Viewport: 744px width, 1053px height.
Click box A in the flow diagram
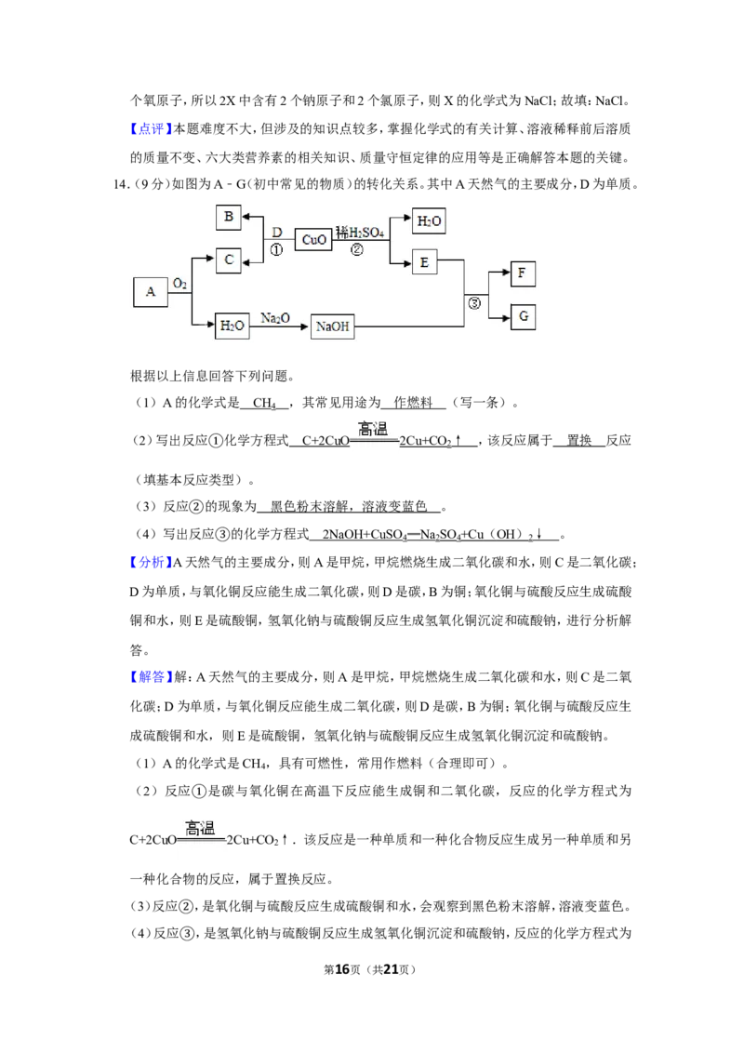pos(150,292)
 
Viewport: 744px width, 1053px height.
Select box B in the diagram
pos(228,217)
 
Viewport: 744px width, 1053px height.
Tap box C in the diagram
pos(228,260)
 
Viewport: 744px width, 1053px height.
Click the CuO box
pos(313,239)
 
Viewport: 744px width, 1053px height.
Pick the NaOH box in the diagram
pos(332,327)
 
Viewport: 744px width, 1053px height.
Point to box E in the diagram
pos(424,262)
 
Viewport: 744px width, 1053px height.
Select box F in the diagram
pos(523,274)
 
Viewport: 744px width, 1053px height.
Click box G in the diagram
pos(523,317)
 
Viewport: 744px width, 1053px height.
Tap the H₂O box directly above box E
pos(429,220)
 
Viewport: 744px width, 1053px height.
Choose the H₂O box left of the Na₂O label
pos(232,327)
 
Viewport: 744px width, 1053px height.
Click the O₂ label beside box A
pos(179,284)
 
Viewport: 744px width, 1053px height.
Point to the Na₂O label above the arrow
pos(275,317)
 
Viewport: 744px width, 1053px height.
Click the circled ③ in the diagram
pos(474,303)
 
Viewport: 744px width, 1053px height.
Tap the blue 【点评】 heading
pos(152,129)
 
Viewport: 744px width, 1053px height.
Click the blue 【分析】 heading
pos(152,563)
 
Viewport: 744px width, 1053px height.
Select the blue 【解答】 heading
pos(152,677)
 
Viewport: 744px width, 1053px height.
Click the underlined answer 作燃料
pos(413,403)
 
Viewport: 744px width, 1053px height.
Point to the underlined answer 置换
pos(578,441)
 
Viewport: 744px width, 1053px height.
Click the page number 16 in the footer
pos(342,969)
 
